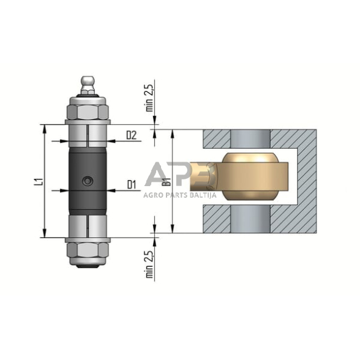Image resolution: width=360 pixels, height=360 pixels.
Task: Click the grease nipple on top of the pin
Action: tap(88, 84)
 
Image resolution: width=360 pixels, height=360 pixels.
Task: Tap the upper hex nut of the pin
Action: tap(88, 112)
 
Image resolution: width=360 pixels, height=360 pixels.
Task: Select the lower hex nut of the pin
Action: tap(88, 250)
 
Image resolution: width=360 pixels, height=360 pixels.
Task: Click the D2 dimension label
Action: tap(131, 135)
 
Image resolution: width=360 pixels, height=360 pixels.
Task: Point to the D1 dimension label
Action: tap(132, 184)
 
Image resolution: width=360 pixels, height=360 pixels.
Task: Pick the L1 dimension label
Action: tap(40, 181)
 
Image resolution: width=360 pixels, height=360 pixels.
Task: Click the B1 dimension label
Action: tap(167, 181)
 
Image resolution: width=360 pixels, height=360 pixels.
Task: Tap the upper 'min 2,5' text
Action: tap(149, 98)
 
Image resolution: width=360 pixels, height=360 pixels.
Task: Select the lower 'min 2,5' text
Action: tap(149, 264)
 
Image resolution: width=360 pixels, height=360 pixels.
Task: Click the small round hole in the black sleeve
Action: tap(88, 181)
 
